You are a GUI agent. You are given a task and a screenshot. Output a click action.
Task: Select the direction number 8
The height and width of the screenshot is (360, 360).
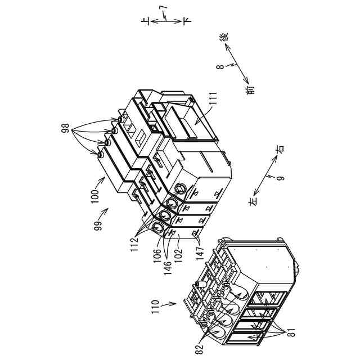pos(221,66)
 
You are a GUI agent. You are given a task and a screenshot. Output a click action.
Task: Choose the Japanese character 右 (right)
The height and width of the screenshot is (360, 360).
pos(280,150)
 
